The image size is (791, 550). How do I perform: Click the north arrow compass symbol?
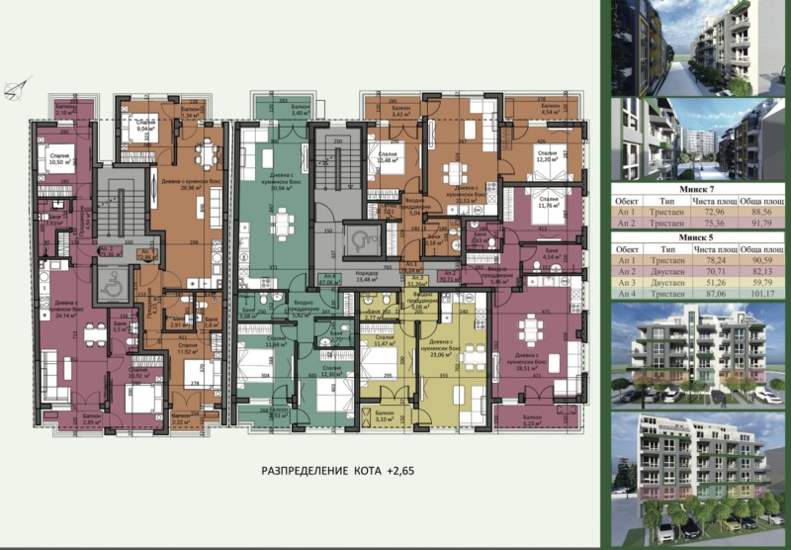tap(14, 91)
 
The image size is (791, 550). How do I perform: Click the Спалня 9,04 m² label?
tap(143, 124)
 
